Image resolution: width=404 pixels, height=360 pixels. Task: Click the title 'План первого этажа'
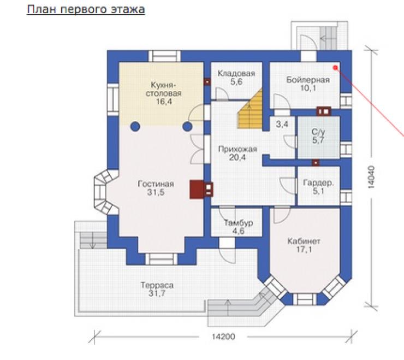86,10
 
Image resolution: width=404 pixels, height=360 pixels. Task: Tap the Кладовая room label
236,74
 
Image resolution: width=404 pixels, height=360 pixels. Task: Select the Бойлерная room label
308,80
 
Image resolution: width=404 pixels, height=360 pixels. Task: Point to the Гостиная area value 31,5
156,192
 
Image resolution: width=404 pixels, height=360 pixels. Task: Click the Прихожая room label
237,149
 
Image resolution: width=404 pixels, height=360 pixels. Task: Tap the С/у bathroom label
318,132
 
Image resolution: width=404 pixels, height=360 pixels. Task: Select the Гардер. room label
318,183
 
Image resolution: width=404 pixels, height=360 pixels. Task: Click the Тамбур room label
239,222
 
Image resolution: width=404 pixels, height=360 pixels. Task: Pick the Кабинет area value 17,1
304,249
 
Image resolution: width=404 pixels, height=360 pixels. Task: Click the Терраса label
157,285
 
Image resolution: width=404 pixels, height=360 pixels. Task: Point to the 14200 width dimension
223,337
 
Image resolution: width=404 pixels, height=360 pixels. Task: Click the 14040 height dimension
371,177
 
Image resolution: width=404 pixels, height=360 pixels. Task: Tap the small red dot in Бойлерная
335,68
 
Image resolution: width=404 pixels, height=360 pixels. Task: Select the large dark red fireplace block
197,190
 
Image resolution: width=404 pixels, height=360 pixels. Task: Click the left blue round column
135,127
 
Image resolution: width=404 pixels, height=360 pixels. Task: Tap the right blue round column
187,127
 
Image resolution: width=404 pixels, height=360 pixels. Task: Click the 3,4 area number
282,125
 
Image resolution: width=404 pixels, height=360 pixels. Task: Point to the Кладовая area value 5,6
236,82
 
